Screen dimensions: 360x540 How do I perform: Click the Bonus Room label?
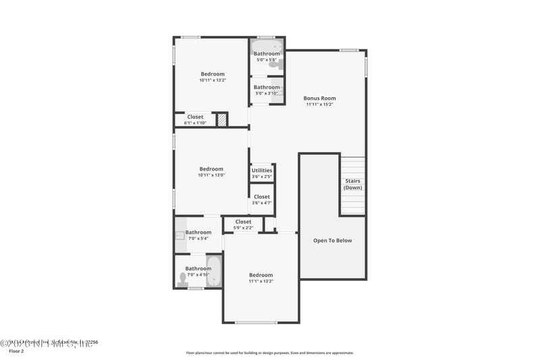[x=319, y=99]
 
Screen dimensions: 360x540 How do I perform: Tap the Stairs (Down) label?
[x=352, y=184]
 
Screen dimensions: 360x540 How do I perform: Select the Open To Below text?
[x=332, y=240]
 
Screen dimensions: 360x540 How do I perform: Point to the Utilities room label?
[x=262, y=170]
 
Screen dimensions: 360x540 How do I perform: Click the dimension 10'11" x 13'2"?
[x=212, y=80]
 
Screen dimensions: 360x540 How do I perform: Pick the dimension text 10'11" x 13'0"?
[x=211, y=175]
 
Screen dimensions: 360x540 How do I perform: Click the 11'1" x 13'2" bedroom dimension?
[x=261, y=281]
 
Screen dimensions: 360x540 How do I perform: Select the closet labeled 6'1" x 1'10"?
[x=195, y=117]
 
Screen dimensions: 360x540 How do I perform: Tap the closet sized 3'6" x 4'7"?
[x=262, y=197]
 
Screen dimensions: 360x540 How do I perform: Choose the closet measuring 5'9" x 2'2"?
[x=243, y=222]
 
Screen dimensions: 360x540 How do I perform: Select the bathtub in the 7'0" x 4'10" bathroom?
[x=213, y=271]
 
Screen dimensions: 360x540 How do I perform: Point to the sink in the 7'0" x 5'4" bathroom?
[x=180, y=236]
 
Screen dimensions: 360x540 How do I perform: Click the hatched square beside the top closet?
[x=221, y=120]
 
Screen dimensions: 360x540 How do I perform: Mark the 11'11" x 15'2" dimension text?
[x=319, y=105]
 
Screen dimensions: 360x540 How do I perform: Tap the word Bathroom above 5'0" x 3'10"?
[x=267, y=87]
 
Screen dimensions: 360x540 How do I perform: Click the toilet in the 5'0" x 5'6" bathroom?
[x=272, y=65]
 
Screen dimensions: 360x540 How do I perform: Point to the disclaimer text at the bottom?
[x=269, y=353]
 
